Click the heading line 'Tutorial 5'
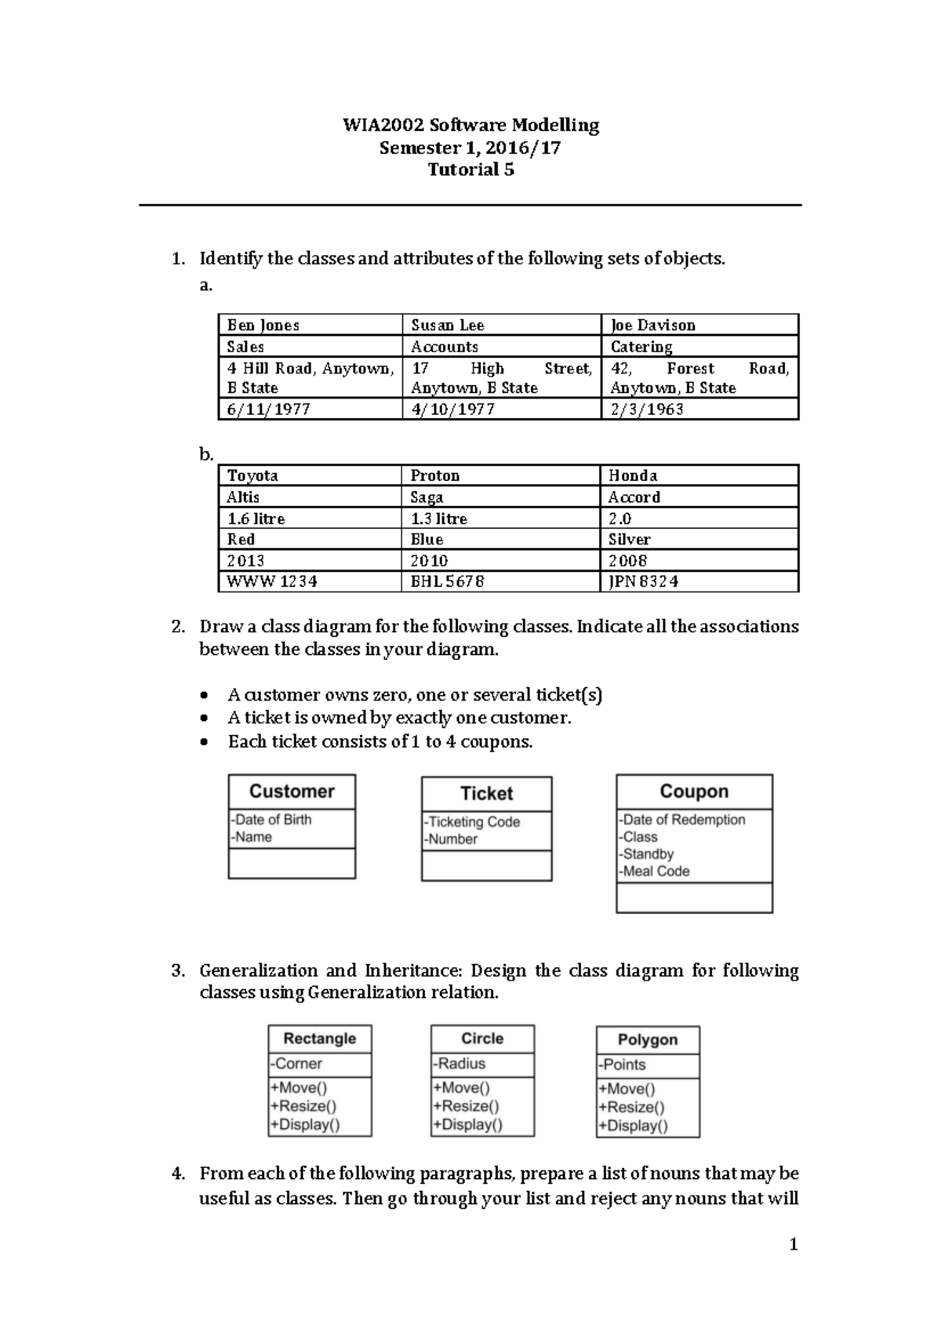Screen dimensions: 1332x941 point(470,169)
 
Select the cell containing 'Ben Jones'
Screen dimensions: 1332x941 point(263,325)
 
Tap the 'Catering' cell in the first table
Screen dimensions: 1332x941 point(641,347)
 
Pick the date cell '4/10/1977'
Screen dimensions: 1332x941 point(452,409)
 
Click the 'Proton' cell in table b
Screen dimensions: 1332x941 point(435,475)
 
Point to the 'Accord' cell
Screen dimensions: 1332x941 point(634,497)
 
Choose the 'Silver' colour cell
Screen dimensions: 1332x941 point(630,540)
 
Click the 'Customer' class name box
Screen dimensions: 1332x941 point(292,792)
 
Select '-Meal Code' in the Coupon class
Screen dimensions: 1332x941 point(654,871)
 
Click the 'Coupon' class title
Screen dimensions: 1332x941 point(694,792)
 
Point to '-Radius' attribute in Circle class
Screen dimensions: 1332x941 point(460,1064)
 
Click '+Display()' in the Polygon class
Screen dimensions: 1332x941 point(634,1126)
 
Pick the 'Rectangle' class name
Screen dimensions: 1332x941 point(319,1039)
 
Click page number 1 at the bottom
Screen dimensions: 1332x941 point(794,1244)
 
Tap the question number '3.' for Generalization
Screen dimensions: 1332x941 point(178,970)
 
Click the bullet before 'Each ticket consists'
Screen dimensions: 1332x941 point(205,741)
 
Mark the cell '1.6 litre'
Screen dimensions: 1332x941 point(256,519)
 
